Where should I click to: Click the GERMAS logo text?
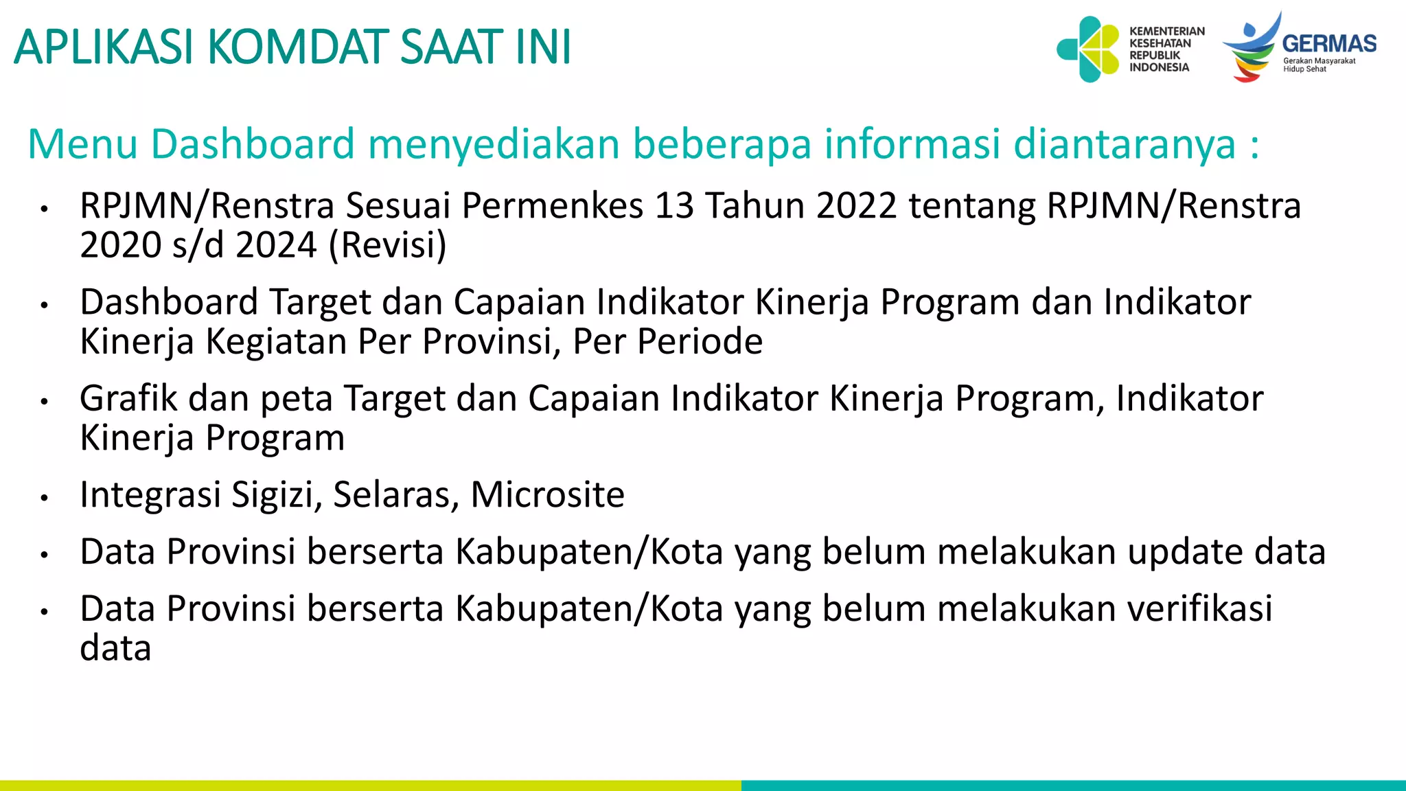[x=1328, y=44]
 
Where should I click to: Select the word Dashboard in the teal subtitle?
[x=252, y=144]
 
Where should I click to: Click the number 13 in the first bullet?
[x=674, y=206]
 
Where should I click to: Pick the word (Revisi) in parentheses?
[x=387, y=245]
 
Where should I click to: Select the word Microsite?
[x=547, y=494]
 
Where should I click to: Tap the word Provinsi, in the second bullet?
[x=492, y=341]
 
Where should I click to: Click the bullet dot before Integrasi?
[x=44, y=497]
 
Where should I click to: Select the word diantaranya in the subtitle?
[x=1124, y=144]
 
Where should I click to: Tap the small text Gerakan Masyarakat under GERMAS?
[x=1319, y=60]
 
